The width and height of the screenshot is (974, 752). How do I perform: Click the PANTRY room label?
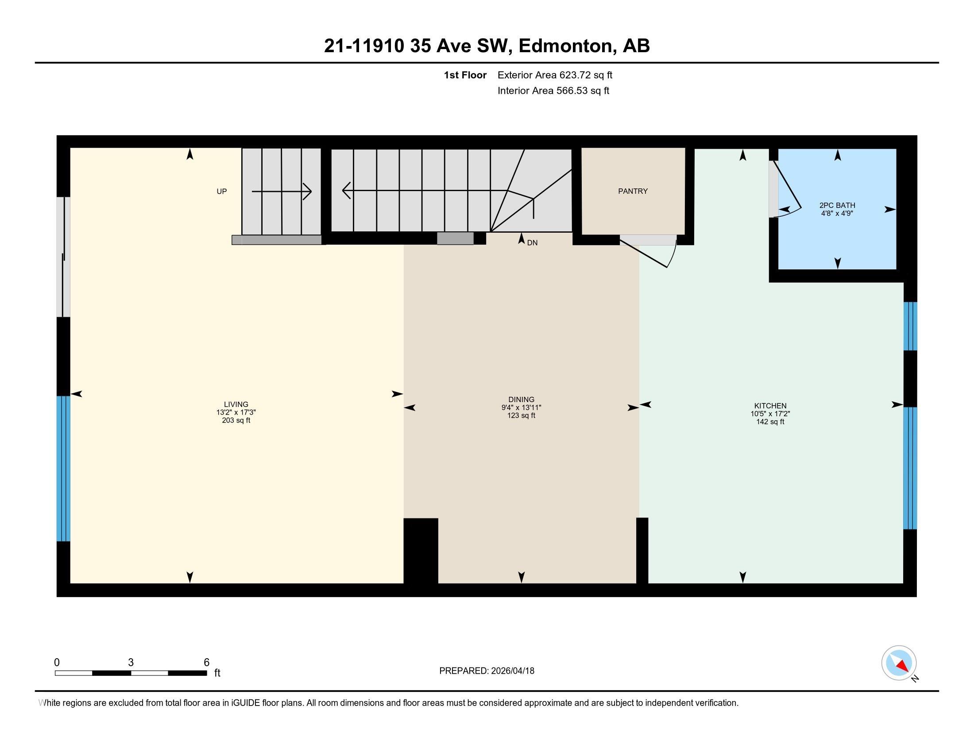[632, 191]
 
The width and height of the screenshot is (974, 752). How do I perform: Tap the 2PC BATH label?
[837, 205]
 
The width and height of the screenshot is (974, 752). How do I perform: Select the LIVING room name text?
[236, 404]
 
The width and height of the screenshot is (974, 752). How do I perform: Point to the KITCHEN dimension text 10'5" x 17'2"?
[770, 414]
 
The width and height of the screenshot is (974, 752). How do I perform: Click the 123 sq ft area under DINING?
[521, 416]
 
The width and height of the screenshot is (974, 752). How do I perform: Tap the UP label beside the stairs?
[222, 192]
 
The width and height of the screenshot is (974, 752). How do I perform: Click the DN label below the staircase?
[532, 243]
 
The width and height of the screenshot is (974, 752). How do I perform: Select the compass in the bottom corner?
[899, 663]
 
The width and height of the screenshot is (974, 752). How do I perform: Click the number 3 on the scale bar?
[131, 663]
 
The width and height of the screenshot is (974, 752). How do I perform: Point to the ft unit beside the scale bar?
[217, 673]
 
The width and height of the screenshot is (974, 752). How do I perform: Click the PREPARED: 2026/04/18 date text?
[487, 671]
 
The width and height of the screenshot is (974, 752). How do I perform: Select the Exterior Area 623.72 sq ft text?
[555, 75]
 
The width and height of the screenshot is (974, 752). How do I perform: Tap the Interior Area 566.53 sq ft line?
[553, 91]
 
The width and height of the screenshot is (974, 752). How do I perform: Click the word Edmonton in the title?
[565, 46]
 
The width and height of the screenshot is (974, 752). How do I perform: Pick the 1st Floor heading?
[465, 75]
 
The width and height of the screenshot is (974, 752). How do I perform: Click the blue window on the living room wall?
[63, 468]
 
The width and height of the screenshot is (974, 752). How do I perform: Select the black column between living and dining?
[421, 551]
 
